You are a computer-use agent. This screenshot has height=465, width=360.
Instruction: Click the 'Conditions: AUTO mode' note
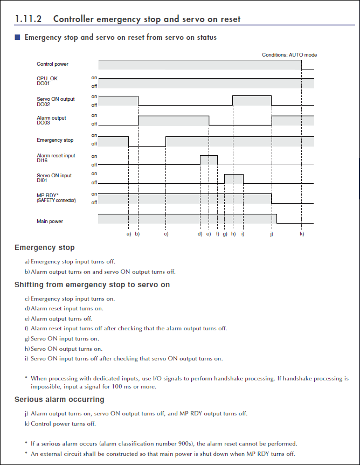(289, 55)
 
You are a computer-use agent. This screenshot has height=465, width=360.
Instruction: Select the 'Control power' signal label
(52, 64)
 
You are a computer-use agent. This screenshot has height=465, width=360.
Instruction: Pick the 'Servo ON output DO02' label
(56, 101)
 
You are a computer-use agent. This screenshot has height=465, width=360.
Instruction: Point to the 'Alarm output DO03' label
(51, 120)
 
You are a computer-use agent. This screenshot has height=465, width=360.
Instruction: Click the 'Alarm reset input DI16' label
(56, 158)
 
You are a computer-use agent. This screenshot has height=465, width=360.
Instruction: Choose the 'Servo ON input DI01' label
(54, 178)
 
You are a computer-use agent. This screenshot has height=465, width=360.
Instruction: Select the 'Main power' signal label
(50, 221)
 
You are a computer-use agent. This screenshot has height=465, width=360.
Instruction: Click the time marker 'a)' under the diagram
(128, 234)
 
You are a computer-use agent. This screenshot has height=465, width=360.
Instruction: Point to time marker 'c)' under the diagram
(166, 234)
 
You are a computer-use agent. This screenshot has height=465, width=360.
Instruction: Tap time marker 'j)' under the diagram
(272, 234)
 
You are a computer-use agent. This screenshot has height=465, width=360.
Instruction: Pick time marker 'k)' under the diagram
(302, 234)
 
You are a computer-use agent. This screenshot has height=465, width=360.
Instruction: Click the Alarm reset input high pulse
(209, 159)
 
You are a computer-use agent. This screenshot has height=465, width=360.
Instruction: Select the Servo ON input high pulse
(234, 179)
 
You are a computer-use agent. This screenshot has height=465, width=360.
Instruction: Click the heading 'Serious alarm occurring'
(59, 399)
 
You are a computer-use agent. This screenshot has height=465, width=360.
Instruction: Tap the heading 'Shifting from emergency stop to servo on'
(92, 284)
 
